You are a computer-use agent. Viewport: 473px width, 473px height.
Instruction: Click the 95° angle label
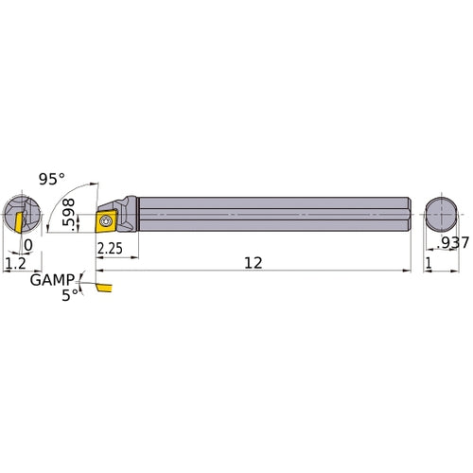(x=54, y=178)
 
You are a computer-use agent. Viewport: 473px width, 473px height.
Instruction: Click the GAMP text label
(x=48, y=281)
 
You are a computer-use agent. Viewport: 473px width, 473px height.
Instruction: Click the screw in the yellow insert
(x=106, y=222)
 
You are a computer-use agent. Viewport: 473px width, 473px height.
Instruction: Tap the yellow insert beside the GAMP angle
(x=100, y=285)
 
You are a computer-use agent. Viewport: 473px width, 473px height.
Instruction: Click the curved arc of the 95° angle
(x=88, y=183)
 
